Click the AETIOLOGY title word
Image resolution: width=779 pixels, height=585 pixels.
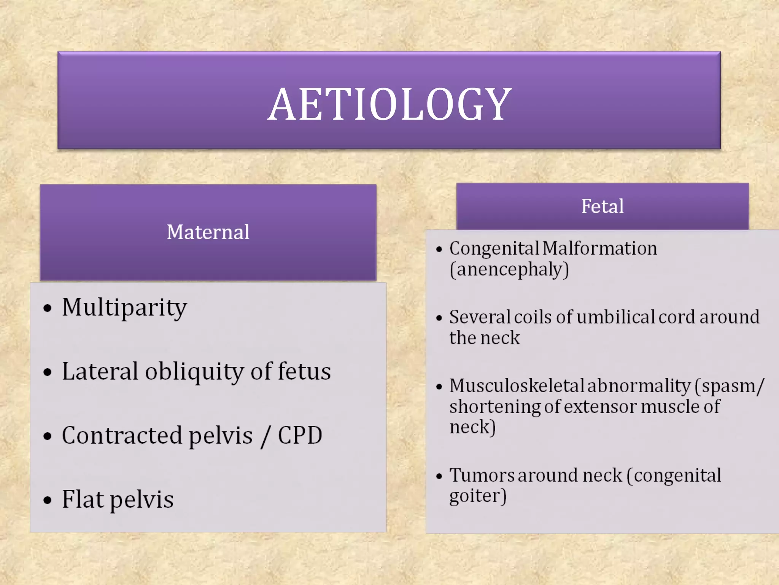coord(389,104)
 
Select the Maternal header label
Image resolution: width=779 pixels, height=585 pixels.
coord(208,232)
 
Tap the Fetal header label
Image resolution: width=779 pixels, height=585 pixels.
coord(603,206)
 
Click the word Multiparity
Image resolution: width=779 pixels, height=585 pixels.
coord(124,307)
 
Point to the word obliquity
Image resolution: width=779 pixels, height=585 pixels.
coord(194,372)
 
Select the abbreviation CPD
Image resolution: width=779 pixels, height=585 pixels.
coord(300,435)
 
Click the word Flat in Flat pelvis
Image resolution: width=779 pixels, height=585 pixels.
coord(83,499)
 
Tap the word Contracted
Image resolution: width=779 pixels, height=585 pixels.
coord(122,435)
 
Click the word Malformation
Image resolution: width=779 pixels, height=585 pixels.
coord(600,248)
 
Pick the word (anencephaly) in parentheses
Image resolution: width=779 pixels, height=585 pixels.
coord(509,270)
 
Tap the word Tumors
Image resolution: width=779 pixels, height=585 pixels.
coord(482,475)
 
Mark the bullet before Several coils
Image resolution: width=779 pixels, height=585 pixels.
coord(439,318)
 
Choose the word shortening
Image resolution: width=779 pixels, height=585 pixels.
coord(495,407)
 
